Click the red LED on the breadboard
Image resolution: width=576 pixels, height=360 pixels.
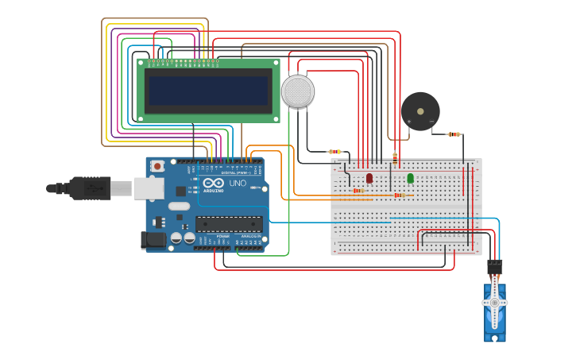[369, 178]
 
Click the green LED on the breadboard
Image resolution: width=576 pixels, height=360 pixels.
[411, 178]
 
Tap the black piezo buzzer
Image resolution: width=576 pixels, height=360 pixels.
[419, 111]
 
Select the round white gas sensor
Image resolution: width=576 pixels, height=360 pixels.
[297, 91]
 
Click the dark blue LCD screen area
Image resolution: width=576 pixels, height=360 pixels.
[208, 90]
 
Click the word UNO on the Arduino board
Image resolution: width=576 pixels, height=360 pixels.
[238, 184]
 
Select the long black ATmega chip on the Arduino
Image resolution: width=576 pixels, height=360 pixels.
[229, 225]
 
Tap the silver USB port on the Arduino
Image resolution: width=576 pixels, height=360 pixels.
[149, 188]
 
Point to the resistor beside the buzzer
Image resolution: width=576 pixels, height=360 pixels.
[454, 134]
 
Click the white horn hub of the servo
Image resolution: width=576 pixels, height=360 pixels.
[494, 303]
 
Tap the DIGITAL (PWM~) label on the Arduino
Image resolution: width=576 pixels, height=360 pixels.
[235, 172]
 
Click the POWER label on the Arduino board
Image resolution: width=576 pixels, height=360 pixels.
[222, 236]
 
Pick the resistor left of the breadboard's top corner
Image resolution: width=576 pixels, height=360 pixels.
[335, 152]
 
